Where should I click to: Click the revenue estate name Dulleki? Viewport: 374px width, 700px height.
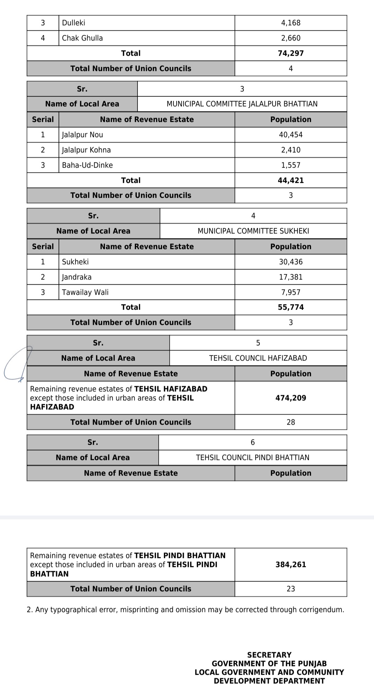click(73, 23)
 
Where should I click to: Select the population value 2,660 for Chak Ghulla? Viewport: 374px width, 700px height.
click(291, 38)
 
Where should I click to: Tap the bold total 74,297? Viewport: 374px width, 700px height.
click(291, 53)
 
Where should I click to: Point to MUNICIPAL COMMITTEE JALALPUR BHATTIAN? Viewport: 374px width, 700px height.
click(242, 104)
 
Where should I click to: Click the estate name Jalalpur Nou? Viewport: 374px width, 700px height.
click(82, 135)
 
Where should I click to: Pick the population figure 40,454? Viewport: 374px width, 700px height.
click(291, 135)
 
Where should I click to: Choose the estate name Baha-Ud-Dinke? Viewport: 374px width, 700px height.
click(87, 165)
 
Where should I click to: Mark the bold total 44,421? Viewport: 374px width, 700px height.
click(291, 180)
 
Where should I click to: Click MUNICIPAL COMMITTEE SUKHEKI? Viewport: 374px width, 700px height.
click(253, 231)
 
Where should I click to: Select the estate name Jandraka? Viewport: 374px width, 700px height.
click(77, 277)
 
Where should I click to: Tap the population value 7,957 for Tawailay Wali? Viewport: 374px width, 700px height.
click(291, 292)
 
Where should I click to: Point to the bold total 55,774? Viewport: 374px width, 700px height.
click(291, 307)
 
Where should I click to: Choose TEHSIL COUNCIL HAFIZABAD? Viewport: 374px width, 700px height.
click(258, 358)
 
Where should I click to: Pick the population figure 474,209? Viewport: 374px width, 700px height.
click(291, 398)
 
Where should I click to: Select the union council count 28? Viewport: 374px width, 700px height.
click(291, 422)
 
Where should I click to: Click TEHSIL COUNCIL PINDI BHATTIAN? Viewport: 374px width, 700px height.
click(252, 458)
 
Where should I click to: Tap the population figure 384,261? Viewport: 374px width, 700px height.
click(291, 565)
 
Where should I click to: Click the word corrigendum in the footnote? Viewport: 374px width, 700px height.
click(322, 610)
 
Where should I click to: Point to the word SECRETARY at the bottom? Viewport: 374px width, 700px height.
click(269, 655)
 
